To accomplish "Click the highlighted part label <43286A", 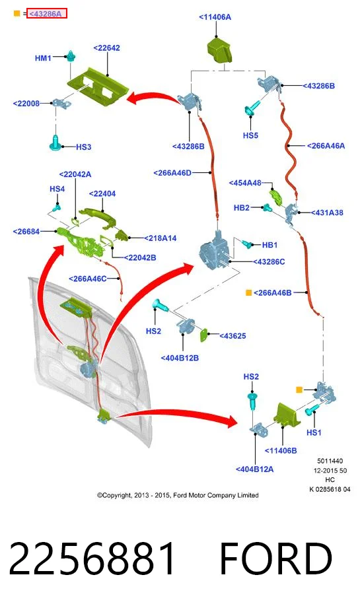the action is click(46, 14).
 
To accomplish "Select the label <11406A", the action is click(215, 17).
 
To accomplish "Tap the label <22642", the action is click(106, 48).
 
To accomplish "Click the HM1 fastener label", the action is click(43, 58).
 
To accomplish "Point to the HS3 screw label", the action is click(84, 147).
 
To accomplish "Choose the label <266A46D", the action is click(172, 173).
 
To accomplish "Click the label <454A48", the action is click(245, 182).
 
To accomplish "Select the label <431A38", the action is click(327, 213).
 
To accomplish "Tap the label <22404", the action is click(102, 193).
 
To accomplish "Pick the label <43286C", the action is click(269, 262).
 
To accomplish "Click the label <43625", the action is click(233, 336).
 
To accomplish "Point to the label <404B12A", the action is click(254, 469).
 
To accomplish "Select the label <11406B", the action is click(281, 450).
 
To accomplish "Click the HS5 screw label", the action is click(250, 135).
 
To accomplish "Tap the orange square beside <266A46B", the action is click(248, 292).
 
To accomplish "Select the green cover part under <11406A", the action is click(219, 50).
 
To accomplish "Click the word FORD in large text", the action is click(276, 559).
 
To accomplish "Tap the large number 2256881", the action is click(92, 559).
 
